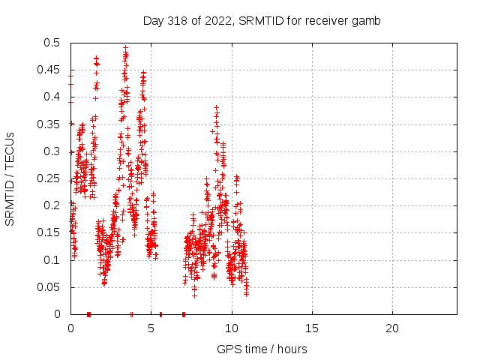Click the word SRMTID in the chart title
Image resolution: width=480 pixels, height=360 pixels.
pyautogui.click(x=259, y=21)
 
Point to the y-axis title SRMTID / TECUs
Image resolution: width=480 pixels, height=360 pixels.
pyautogui.click(x=10, y=178)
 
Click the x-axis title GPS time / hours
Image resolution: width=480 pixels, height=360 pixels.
pyautogui.click(x=262, y=349)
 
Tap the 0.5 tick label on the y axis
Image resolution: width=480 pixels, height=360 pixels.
pyautogui.click(x=54, y=43)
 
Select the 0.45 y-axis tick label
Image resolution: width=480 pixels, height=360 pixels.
pyautogui.click(x=51, y=70)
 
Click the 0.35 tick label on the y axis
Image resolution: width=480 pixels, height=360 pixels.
pyautogui.click(x=51, y=124)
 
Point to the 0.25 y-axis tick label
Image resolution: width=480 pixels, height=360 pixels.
pyautogui.click(x=51, y=178)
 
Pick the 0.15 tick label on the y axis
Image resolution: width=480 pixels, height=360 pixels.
pyautogui.click(x=51, y=233)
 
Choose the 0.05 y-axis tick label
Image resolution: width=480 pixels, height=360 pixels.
pyautogui.click(x=51, y=287)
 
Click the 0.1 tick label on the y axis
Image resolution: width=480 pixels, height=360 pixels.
pyautogui.click(x=54, y=260)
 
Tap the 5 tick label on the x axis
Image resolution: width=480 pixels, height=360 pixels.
pyautogui.click(x=151, y=328)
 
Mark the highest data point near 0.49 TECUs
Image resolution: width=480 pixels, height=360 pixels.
pyautogui.click(x=126, y=47)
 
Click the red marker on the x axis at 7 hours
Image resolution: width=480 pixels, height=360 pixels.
pyautogui.click(x=183, y=314)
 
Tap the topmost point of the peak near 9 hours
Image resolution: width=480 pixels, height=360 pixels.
pyautogui.click(x=216, y=107)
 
